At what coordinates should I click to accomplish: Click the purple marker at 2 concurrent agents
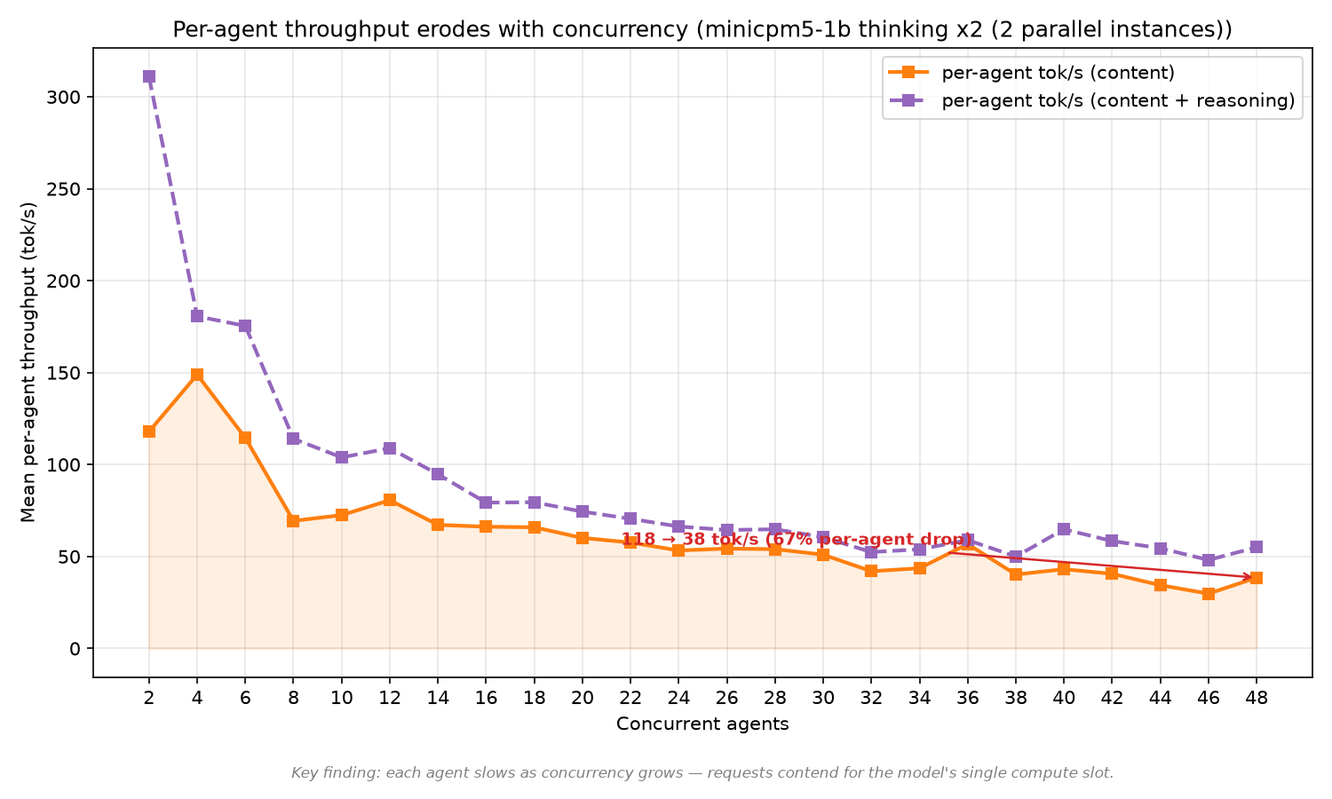(x=149, y=76)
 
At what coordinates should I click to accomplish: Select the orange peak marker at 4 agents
(x=197, y=375)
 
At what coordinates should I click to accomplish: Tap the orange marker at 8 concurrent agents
(x=293, y=521)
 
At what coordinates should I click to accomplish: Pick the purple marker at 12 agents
(x=390, y=448)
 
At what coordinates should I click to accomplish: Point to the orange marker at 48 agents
(x=1257, y=578)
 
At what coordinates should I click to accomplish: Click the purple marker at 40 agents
(x=1064, y=529)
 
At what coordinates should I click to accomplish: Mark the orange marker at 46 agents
(x=1209, y=594)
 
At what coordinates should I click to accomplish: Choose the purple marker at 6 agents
(x=245, y=327)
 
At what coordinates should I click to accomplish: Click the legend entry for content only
(x=1032, y=73)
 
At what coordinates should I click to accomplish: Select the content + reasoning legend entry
(x=1091, y=100)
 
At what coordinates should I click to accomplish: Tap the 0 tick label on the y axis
(x=75, y=649)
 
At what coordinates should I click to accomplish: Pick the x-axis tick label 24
(x=678, y=698)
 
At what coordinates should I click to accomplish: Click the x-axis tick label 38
(x=1016, y=698)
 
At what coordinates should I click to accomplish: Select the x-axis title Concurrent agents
(x=702, y=724)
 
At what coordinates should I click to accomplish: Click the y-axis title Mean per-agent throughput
(x=28, y=362)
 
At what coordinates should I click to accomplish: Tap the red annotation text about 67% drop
(x=797, y=540)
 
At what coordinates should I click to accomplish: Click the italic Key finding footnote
(x=702, y=773)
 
